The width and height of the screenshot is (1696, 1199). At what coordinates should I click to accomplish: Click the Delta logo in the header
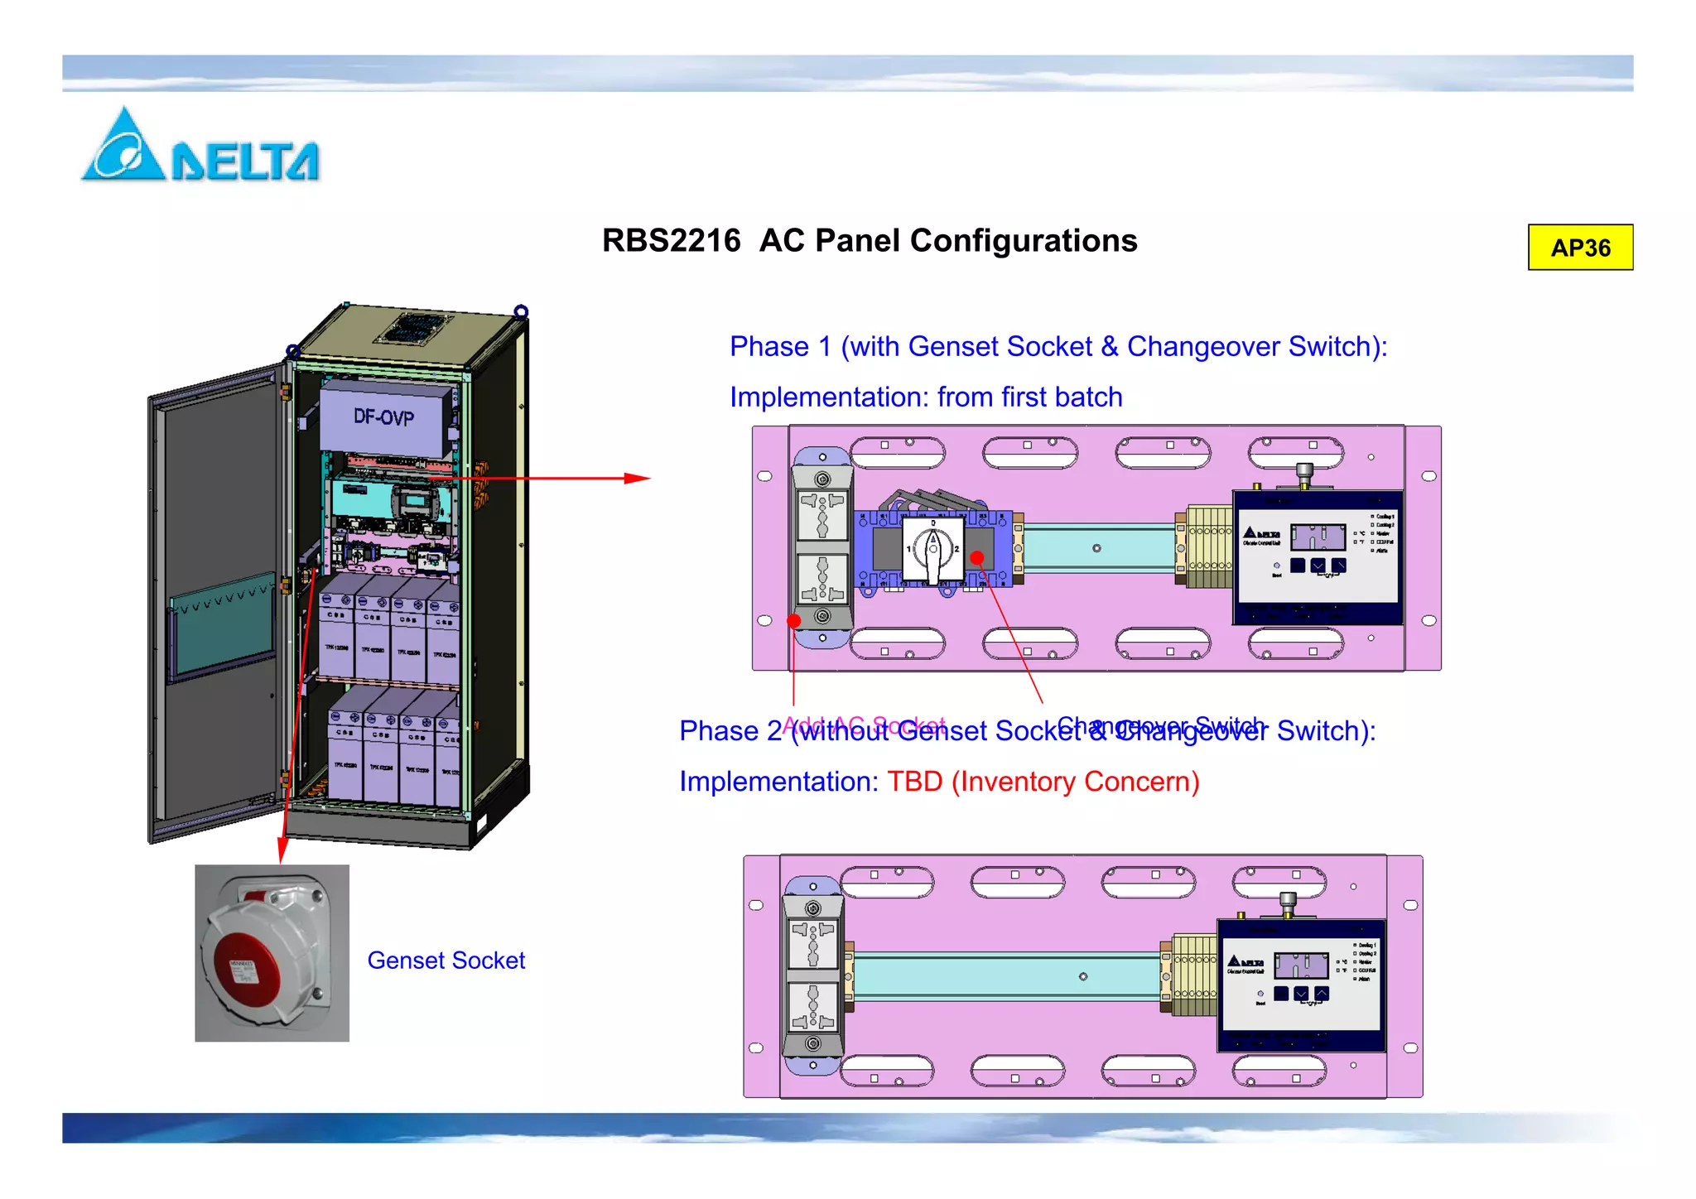[199, 147]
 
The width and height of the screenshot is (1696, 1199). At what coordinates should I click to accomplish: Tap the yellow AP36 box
[1580, 248]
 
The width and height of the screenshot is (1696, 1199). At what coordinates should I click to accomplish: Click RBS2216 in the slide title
[671, 241]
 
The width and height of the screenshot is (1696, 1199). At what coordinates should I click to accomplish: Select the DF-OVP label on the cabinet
[383, 417]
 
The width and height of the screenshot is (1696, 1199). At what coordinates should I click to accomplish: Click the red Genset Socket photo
[272, 952]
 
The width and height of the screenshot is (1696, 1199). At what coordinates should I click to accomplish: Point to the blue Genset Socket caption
[446, 961]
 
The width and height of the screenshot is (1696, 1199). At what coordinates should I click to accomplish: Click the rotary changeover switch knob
[932, 550]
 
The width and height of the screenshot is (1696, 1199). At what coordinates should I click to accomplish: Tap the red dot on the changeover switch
[977, 557]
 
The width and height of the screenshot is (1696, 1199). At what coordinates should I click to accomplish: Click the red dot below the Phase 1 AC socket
[794, 620]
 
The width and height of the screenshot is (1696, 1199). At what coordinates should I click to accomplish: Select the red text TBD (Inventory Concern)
[1043, 782]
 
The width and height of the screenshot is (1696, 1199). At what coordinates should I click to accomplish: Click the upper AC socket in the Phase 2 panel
[812, 943]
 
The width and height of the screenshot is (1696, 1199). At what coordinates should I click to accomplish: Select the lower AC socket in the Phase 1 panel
[822, 577]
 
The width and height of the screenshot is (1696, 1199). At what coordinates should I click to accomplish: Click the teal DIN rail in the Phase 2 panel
[1006, 977]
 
